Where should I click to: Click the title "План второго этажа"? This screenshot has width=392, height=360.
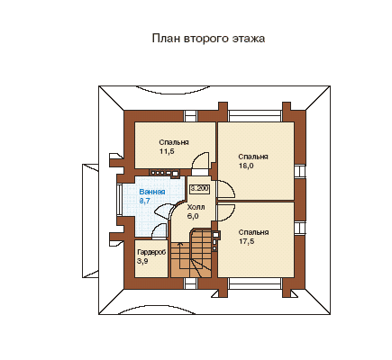tap(208, 39)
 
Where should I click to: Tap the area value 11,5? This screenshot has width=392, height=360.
tap(167, 151)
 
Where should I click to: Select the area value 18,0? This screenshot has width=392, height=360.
tap(246, 166)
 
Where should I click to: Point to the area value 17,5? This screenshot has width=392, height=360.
tap(246, 241)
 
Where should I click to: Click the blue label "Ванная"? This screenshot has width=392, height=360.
tap(152, 192)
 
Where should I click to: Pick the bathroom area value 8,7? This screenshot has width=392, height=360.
tap(145, 201)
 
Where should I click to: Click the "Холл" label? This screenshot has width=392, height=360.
tap(196, 207)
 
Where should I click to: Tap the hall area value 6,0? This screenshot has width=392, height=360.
tap(193, 216)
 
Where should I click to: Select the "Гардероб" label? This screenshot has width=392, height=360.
tap(151, 253)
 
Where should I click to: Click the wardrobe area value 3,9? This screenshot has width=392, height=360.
tap(142, 261)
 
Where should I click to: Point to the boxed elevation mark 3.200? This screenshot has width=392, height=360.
tap(200, 189)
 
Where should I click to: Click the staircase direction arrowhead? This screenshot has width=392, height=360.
tap(180, 244)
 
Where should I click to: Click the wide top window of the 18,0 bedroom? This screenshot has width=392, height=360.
tap(255, 115)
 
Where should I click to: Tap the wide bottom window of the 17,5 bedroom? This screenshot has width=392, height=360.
tap(255, 283)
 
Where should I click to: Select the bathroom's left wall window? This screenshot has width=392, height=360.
tap(119, 199)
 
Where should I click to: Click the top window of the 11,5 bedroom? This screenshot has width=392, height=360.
tap(190, 115)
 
